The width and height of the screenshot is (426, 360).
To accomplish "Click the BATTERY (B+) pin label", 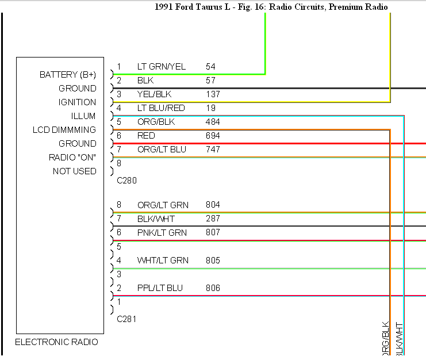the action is coord(68,75).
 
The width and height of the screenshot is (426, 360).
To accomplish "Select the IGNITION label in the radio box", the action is coord(77,102).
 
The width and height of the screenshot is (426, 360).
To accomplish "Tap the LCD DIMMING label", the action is coord(64,130).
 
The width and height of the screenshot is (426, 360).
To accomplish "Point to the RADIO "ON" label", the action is coord(72,158).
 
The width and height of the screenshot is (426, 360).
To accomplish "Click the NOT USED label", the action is coord(75,171).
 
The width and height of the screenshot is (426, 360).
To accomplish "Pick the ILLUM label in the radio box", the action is coord(83,116).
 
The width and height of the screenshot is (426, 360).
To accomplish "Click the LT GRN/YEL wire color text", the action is coord(162,67).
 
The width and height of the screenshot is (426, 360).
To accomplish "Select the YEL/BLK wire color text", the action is coord(154,94).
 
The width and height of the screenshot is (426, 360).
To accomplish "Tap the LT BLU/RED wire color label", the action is coord(161,108).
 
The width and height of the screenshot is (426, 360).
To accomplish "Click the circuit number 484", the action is coord(213,122).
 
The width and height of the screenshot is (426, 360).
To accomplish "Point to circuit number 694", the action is coord(213,136).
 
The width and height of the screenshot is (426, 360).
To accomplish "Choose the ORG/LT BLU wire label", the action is coord(162,150).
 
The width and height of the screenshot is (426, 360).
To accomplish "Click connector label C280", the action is coord(126,181).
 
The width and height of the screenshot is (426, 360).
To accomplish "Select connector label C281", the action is coord(126,319).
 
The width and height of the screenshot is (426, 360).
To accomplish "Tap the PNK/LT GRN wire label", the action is coord(162,233).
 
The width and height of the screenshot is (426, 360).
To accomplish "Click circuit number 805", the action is coord(213,261).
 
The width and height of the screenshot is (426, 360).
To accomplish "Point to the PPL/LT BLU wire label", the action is coord(160,288).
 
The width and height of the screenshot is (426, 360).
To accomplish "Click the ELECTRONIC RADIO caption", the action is coord(56,342).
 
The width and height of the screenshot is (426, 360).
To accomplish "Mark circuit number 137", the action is coord(213,94).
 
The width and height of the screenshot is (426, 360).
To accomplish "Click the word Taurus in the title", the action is coord(209,7).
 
